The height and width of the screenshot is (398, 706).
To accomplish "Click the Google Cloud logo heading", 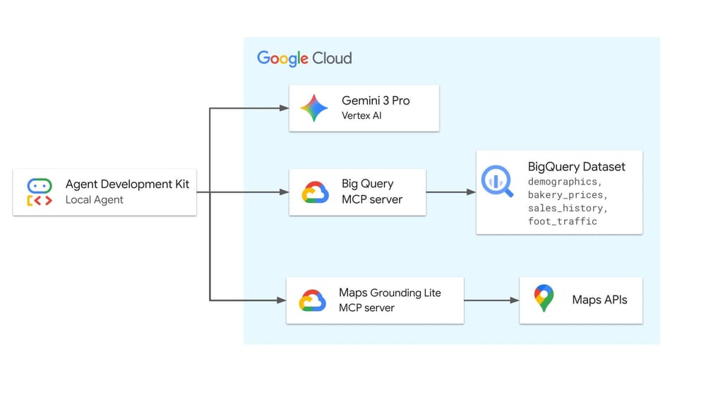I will tap(304, 58).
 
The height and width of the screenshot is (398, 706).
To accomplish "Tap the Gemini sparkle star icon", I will tap(314, 108).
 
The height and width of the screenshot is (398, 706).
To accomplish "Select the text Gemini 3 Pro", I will tap(376, 101).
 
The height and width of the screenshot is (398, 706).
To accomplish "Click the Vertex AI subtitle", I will tap(361, 115).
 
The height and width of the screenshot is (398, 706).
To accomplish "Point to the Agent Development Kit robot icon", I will tap(40, 192).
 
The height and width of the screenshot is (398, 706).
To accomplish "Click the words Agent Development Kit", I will tap(127, 185).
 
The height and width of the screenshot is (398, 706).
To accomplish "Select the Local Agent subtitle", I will tap(94, 200).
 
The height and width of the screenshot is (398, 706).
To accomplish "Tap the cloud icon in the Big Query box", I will tap(315, 192).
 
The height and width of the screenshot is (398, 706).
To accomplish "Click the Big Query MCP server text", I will tap(371, 192).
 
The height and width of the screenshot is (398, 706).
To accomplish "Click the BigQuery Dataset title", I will tap(576, 167).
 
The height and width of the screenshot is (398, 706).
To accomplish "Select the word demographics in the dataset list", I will tap(565, 182).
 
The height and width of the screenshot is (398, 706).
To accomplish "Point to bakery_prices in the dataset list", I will tap(567, 194).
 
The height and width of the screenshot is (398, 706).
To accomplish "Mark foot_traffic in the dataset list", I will tap(562, 221).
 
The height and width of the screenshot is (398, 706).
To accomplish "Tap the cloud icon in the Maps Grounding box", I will tap(312, 300).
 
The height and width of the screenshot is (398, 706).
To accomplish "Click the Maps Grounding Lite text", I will tap(390, 293).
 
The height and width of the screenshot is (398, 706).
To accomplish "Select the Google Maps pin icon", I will tap(544, 299).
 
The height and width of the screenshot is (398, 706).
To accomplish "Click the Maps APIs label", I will tap(599, 300).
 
